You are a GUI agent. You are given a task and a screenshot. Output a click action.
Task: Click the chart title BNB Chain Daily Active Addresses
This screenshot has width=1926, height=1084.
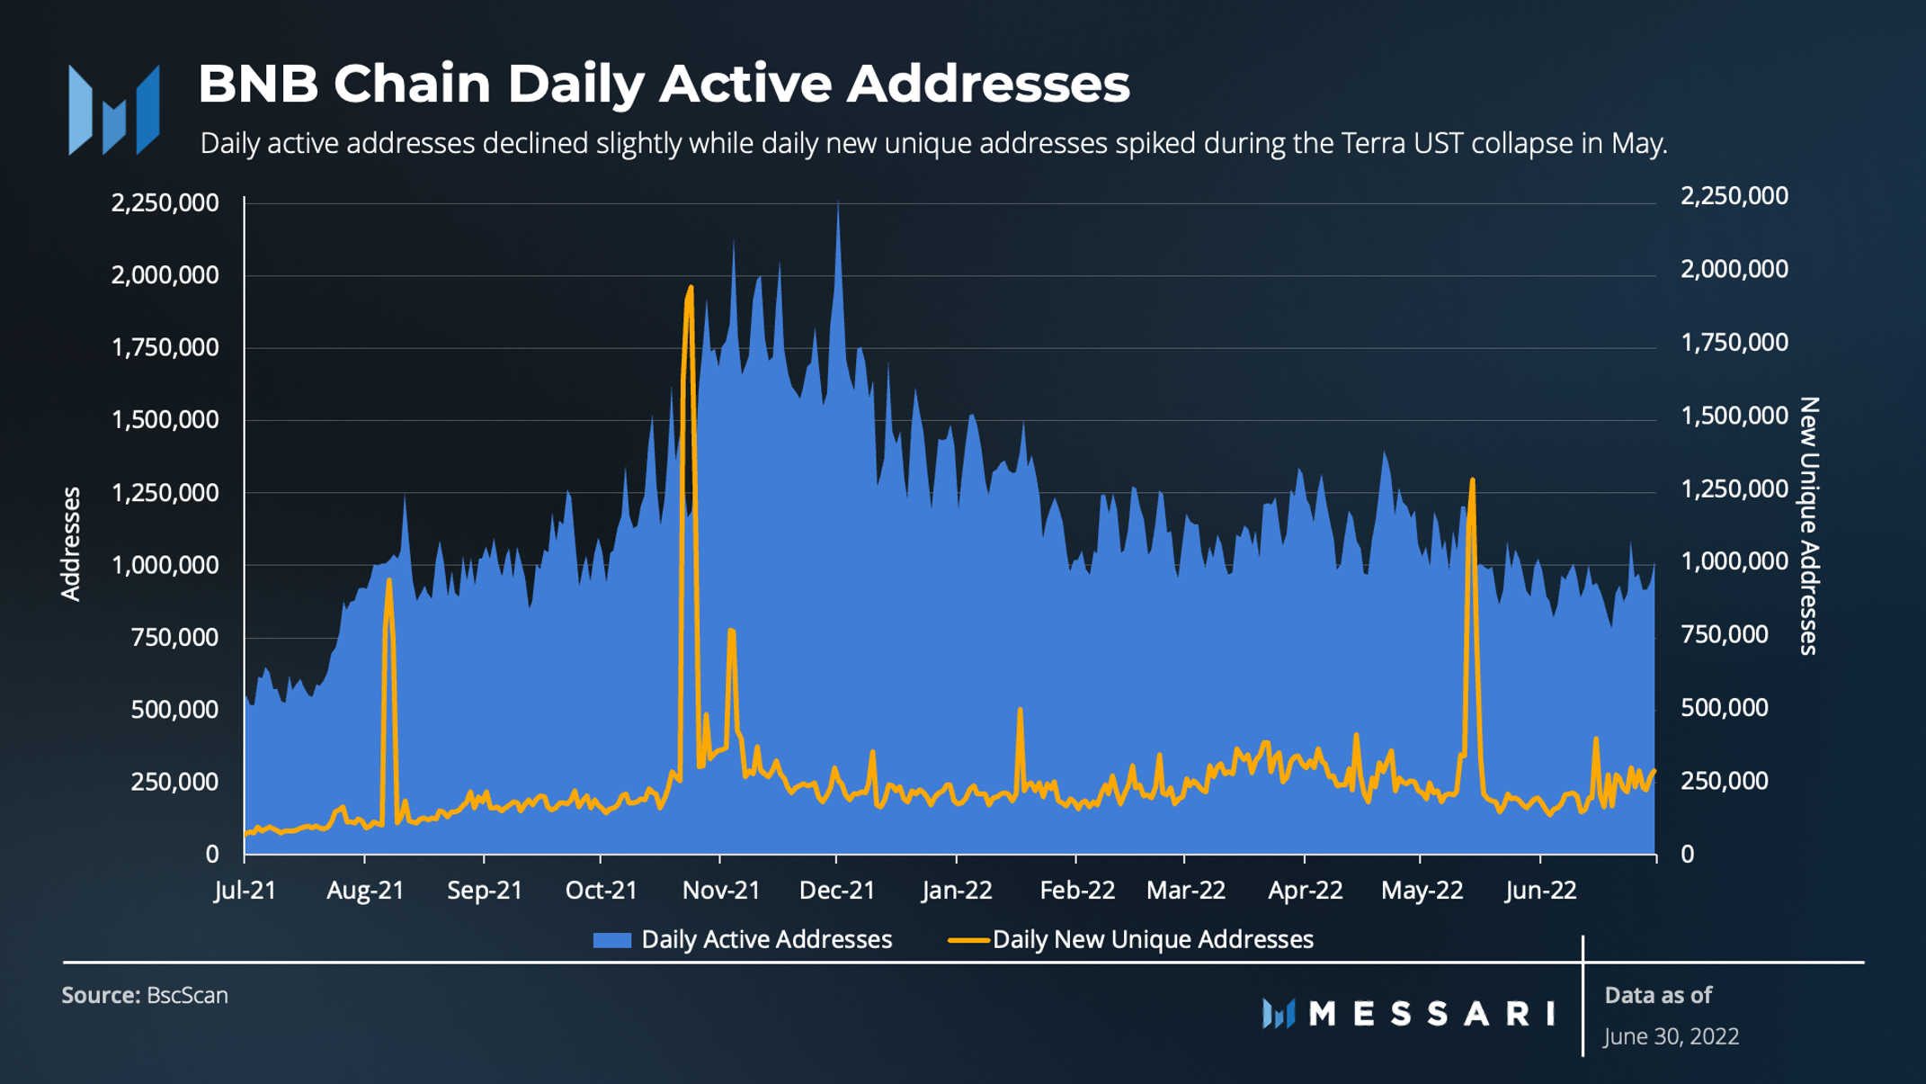coord(663,84)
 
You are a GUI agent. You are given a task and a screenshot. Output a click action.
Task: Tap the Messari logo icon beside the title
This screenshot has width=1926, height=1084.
coord(114,110)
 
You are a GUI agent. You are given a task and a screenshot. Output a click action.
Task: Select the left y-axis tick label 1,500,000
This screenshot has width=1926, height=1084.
coord(165,420)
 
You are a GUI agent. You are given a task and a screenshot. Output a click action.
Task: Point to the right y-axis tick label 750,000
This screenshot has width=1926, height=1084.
coord(1724,635)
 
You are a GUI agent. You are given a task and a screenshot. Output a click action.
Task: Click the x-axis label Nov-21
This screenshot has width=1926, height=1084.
coord(721,891)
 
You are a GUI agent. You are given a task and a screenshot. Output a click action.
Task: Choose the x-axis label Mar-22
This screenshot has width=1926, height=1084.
coord(1185,891)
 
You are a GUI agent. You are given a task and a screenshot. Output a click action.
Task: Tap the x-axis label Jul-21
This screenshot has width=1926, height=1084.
coord(245,891)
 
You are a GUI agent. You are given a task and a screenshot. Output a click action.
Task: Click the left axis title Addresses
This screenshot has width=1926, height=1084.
coord(71,543)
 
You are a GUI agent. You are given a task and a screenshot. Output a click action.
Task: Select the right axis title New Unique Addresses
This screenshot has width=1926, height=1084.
coord(1809,526)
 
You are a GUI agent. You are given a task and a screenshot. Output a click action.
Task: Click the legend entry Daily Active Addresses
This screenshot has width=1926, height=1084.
coord(765,940)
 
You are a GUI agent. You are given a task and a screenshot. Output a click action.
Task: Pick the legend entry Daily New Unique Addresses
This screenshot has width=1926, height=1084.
coord(1152,940)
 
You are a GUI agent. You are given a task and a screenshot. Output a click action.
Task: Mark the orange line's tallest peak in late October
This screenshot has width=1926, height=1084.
coord(690,288)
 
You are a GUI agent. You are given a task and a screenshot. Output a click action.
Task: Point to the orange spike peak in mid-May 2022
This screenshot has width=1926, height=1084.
coord(1472,480)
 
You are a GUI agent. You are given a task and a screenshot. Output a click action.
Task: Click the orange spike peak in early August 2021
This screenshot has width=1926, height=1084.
coord(388,581)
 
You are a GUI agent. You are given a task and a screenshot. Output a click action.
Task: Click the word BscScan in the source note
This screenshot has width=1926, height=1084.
coord(187,996)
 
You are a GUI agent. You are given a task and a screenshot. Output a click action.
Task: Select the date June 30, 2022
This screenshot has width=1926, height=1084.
coord(1671,1036)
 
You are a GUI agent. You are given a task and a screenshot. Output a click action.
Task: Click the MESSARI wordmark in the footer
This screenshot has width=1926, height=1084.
coord(1431,1014)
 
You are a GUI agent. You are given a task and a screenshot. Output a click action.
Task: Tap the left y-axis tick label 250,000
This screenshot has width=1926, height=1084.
coord(174,782)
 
